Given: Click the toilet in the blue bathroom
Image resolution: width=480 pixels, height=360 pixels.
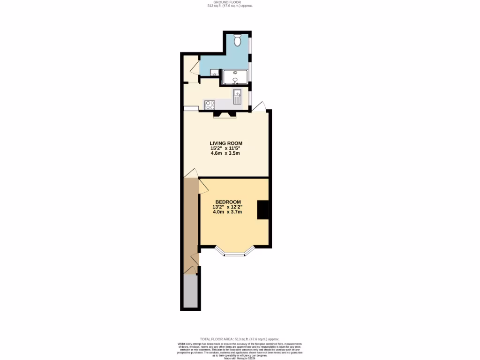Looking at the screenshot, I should point(237,41).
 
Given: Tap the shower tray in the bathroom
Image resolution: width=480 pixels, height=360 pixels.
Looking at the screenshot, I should point(235,77).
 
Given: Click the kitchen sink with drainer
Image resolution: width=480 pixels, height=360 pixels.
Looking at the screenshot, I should point(237,97).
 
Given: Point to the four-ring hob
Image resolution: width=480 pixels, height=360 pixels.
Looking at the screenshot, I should point(210,105).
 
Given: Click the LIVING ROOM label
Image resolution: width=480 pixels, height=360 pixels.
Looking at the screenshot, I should point(226,143).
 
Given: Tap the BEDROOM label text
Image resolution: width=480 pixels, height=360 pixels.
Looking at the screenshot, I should point(228,202).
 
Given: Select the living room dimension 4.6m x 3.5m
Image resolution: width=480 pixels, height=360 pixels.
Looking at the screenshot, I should point(226,154).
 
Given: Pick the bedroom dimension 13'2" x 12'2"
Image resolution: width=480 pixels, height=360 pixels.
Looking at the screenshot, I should point(228,207).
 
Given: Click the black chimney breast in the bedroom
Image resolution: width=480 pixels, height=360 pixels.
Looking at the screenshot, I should point(263,210).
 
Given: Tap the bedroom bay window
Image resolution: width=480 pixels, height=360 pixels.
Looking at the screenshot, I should point(235,254).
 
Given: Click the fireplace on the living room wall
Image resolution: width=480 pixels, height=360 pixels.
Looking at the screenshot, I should point(224,114).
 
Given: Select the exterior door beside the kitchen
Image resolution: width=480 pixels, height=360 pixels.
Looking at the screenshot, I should point(260,106).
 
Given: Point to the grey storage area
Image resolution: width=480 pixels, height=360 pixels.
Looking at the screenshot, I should point(190,291).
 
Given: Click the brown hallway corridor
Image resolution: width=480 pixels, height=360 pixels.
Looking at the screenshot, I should point(191,220).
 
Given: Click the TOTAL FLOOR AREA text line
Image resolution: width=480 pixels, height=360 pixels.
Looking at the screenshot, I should point(240,339).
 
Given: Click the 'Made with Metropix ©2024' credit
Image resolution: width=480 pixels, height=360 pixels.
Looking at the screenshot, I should point(240,357).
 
